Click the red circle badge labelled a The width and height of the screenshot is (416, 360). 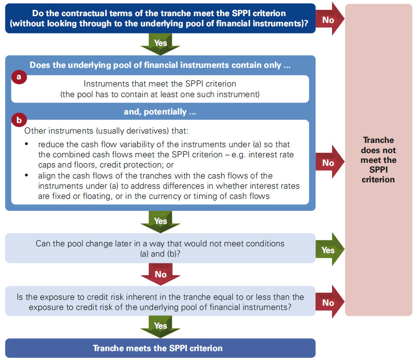pos(18,77)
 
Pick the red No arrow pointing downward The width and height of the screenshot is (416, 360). pos(160,274)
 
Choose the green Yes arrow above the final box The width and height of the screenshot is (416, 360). pos(160,326)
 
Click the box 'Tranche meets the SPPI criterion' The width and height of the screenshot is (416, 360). pos(160,348)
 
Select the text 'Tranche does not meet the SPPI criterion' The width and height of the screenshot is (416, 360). pos(378,160)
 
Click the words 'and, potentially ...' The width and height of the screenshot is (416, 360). pos(160,112)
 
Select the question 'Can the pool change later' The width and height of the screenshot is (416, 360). pos(160,248)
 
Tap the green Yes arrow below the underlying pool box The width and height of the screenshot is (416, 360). pos(160,221)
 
